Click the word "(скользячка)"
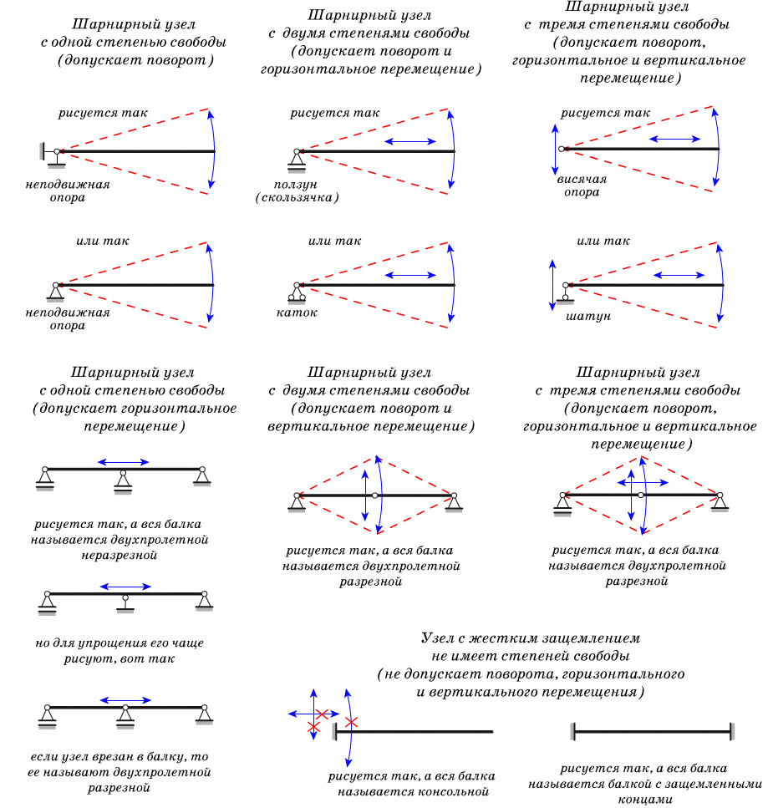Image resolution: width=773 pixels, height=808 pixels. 298,198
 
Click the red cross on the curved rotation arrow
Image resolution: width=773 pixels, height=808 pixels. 351,722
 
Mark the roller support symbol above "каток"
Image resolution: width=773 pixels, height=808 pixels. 296,292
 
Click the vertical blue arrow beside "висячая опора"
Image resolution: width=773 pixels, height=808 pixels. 555,149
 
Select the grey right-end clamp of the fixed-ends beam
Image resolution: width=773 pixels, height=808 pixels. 732,731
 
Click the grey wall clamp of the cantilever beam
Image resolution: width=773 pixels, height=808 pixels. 334,732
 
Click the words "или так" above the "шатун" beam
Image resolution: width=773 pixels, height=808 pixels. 603,241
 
